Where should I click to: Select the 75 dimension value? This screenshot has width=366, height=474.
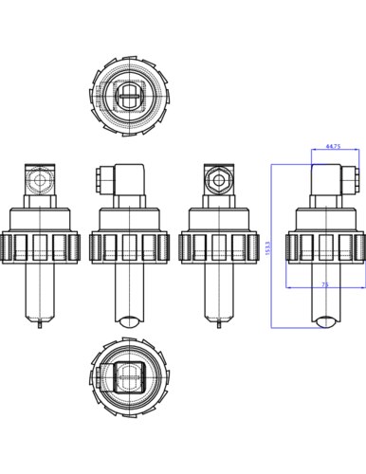point(325,283)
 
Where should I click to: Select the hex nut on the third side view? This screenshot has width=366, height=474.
point(216,178)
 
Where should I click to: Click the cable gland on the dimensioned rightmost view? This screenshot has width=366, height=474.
point(356,177)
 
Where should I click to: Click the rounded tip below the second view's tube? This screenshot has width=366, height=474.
point(128,320)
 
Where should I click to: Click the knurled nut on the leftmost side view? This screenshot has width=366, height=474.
point(39,247)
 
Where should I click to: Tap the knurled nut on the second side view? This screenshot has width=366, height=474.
point(128,247)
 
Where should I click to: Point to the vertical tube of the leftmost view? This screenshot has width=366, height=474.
point(39,290)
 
